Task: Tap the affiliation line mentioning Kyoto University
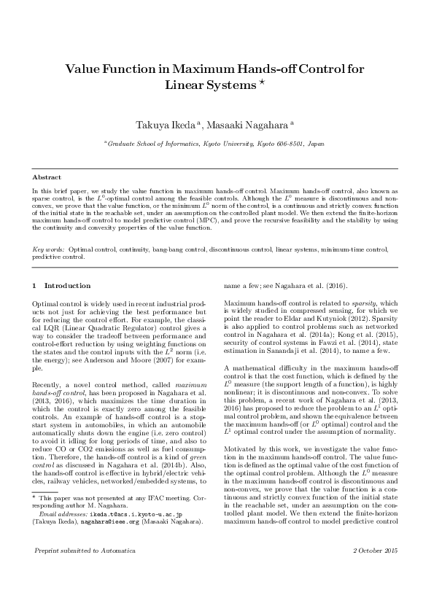[217, 145]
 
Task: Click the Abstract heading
[47, 177]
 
